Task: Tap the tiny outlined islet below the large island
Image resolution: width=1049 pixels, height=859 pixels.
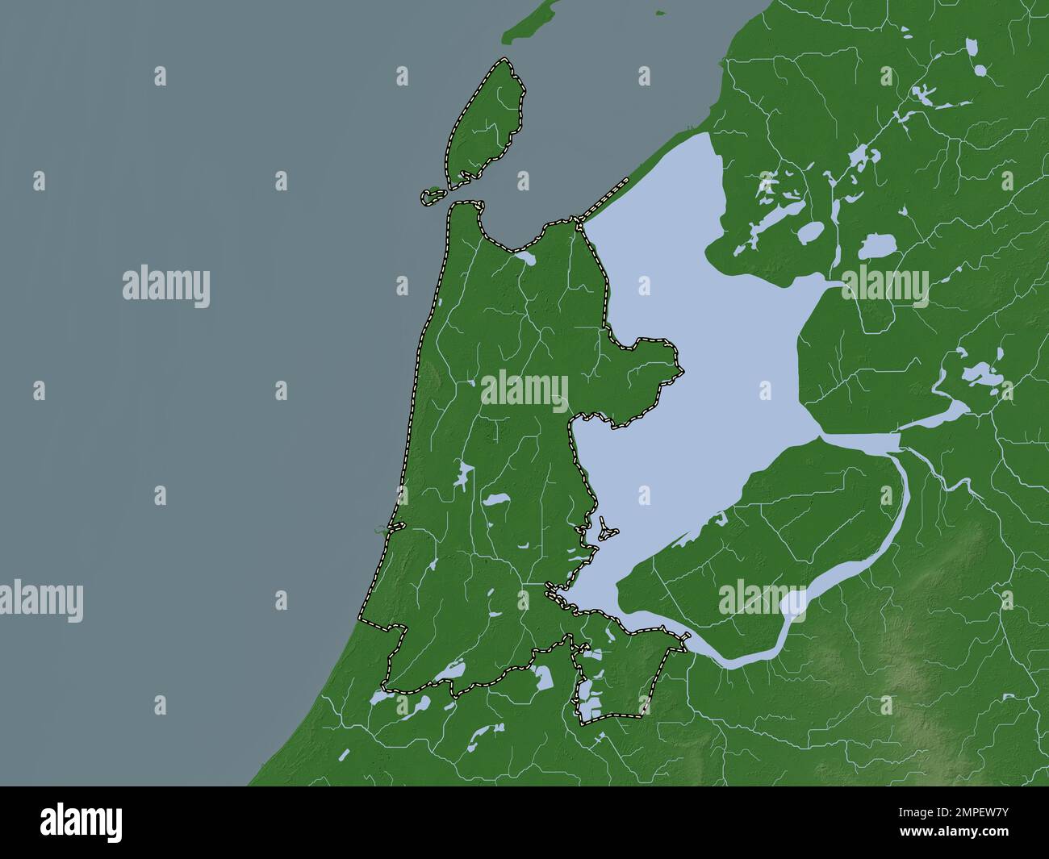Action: coord(434,194)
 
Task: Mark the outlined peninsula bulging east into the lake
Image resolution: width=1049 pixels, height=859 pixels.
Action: coord(646,379)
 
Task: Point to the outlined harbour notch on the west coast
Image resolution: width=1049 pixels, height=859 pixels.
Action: coord(395,526)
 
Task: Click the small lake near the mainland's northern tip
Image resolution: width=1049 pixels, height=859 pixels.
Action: coord(525,259)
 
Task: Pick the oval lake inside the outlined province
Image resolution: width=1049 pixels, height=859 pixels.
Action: coord(495,501)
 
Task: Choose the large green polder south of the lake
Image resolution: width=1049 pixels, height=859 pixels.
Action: coord(750,548)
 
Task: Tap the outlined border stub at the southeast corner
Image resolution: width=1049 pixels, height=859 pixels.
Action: coord(684,640)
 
